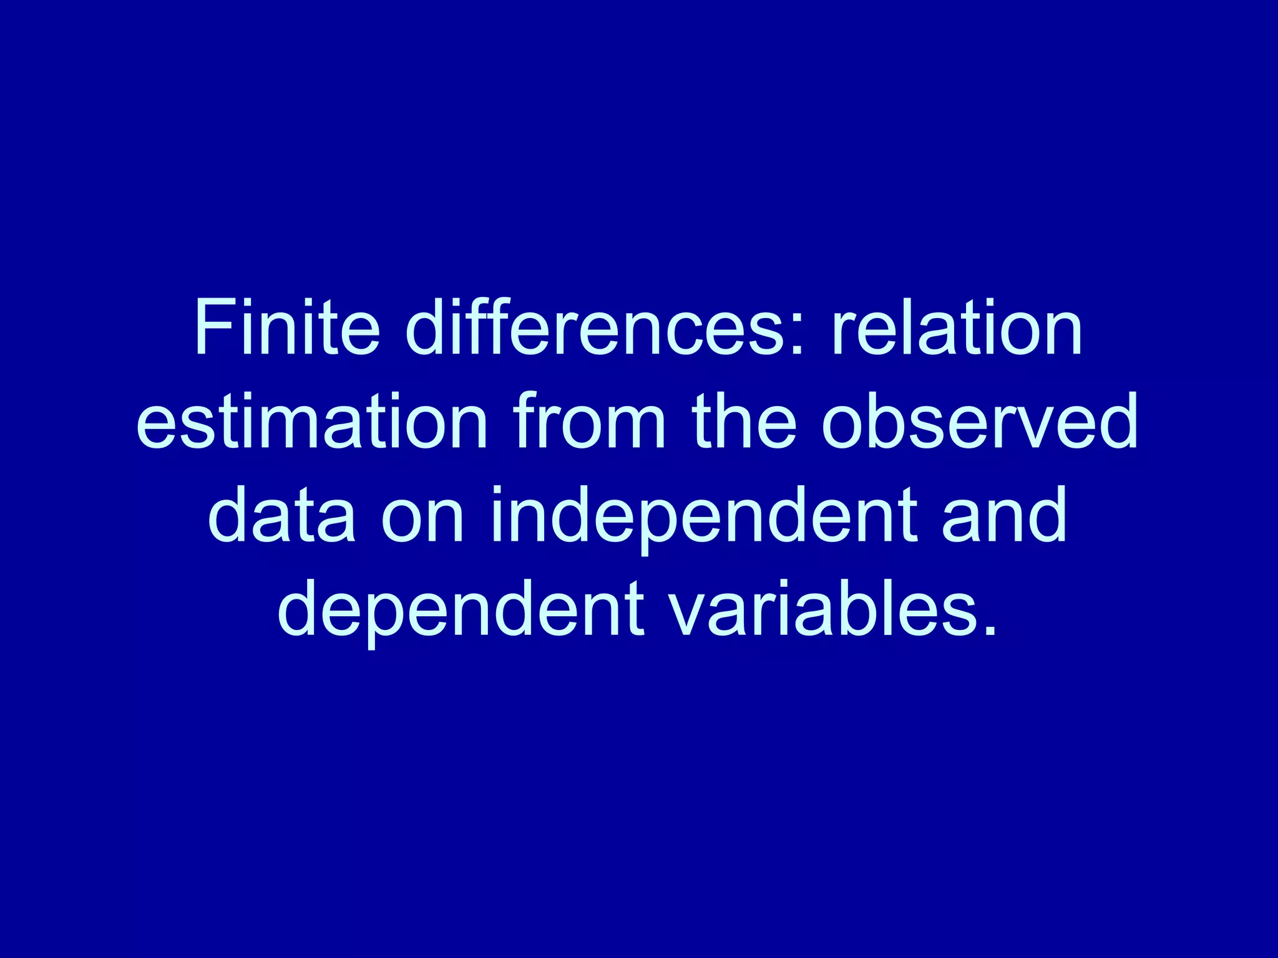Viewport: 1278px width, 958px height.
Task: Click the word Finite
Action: point(286,327)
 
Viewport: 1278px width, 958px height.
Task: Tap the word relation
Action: point(957,327)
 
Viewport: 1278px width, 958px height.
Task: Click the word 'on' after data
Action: point(422,515)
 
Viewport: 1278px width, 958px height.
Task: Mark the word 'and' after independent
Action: point(1004,515)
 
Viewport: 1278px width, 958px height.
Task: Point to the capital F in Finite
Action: point(212,327)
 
